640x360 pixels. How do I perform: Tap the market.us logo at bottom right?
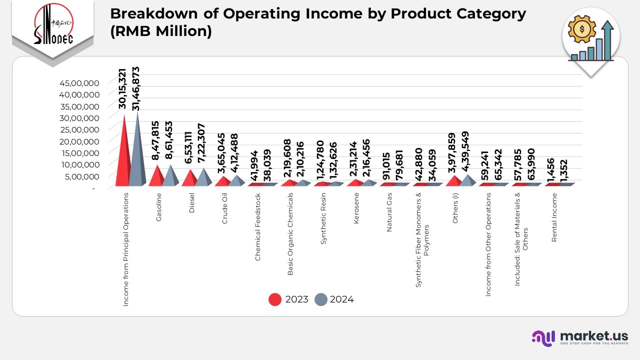pos(579,338)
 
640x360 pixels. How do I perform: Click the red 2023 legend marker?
pos(275,299)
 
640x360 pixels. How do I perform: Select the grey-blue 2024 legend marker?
pos(320,299)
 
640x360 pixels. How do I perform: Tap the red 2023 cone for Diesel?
pos(189,178)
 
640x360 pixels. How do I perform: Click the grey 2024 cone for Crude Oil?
pos(236,181)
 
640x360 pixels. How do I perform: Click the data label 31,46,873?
pos(135,88)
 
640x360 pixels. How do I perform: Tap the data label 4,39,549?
pos(465,152)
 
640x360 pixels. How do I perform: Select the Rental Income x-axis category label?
pos(554,217)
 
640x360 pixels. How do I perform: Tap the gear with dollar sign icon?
pos(581,30)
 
